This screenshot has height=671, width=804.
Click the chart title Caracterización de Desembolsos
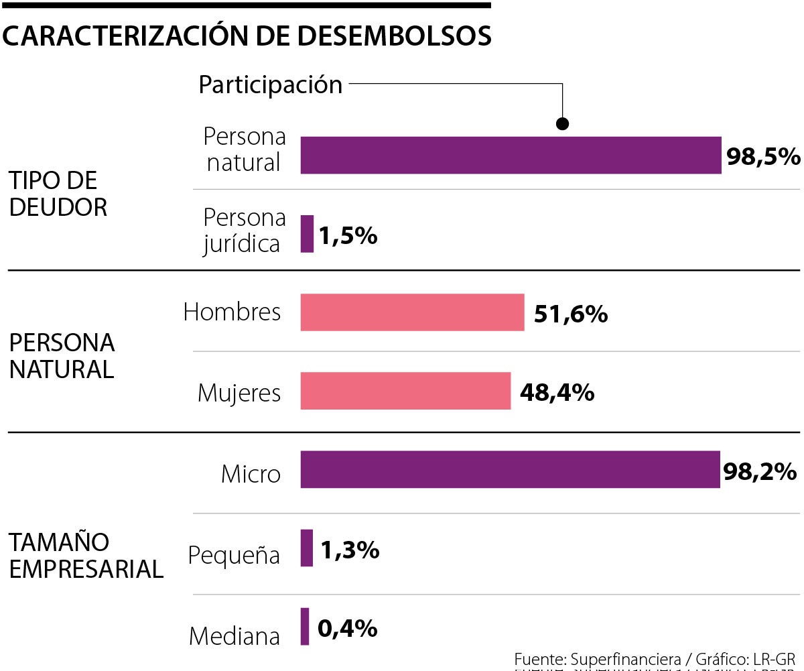247,36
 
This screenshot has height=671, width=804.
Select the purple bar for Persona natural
511,156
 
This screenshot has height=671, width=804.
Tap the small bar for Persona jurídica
307,234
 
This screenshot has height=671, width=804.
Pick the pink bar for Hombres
412,312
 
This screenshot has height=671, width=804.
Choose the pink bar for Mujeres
405,391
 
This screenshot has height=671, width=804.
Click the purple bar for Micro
510,469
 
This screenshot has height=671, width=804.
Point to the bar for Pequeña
307,548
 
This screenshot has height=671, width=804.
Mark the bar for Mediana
305,626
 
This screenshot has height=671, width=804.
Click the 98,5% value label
763,157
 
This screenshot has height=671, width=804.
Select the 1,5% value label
348,235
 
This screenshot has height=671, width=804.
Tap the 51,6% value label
571,314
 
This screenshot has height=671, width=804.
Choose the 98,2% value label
760,471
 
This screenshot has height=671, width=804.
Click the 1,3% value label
350,550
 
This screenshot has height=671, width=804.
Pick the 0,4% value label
348,628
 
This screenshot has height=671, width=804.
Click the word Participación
271,85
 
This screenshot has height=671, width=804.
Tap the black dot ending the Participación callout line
563,124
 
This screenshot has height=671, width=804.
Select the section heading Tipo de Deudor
58,194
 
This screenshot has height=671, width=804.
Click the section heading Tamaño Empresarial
86,556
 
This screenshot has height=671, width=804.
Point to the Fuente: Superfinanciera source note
654,658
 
